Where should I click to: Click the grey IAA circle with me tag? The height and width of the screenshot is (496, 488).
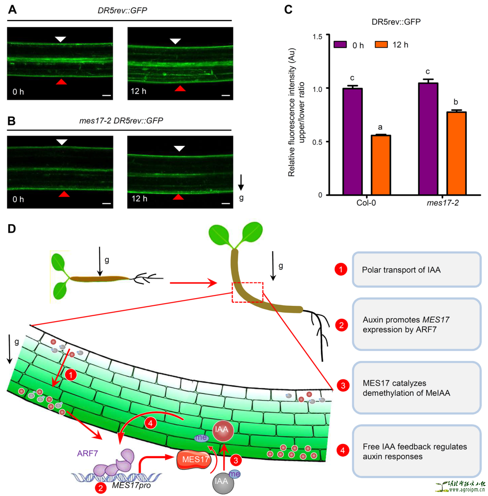[222, 480]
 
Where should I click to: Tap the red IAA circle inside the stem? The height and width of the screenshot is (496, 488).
[221, 430]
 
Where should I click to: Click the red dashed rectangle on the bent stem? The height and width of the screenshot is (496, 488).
[247, 292]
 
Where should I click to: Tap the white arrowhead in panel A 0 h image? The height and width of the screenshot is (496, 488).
[60, 40]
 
